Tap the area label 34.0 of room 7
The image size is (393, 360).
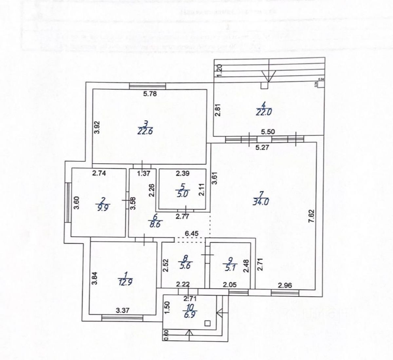click(x=261, y=202)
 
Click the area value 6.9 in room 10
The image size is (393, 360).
click(x=192, y=315)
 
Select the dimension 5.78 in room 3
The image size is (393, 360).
click(x=150, y=94)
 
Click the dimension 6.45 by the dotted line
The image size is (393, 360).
click(x=191, y=233)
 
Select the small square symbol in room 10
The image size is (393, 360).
click(x=207, y=323)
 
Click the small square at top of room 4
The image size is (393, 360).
click(x=264, y=86)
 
